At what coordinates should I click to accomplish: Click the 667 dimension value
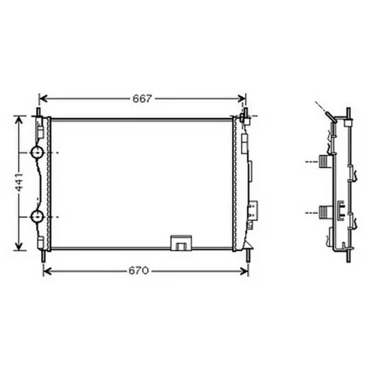point(143,98)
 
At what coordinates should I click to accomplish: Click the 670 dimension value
point(139,270)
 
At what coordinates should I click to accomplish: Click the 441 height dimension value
point(19,182)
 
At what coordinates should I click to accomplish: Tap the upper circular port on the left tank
point(36,153)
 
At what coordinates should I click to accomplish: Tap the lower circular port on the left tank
point(36,216)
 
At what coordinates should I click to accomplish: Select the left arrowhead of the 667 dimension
point(44,98)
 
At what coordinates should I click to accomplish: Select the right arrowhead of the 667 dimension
point(241,98)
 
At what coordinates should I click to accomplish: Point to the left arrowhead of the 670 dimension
point(48,271)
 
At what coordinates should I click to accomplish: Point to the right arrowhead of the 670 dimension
point(243,271)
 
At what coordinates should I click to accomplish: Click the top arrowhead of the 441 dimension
point(19,120)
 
